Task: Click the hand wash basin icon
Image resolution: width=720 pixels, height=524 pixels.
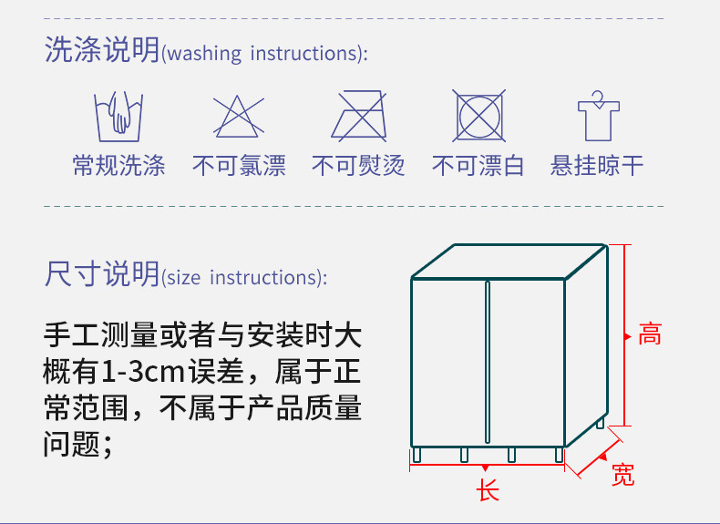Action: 119,116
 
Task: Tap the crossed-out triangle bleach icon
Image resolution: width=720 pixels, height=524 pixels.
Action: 239,117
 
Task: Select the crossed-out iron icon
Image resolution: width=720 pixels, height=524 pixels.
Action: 358,116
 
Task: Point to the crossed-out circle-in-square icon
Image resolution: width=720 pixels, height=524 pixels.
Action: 478,116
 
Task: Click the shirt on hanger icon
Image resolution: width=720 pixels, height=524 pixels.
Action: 597,116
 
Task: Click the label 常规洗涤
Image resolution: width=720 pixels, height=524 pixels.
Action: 119,166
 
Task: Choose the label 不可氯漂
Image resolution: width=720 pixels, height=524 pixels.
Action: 239,166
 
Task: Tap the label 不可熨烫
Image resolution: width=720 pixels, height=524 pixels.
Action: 358,166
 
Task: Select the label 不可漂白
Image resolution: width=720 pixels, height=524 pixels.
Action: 478,166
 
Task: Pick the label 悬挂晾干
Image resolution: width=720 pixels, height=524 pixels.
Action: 597,166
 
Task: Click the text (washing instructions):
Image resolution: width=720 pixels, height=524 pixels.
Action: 265,54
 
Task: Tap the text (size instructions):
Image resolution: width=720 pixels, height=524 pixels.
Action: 244,277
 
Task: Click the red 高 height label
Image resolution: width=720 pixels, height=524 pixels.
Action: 649,334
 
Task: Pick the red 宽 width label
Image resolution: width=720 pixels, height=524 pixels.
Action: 623,475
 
